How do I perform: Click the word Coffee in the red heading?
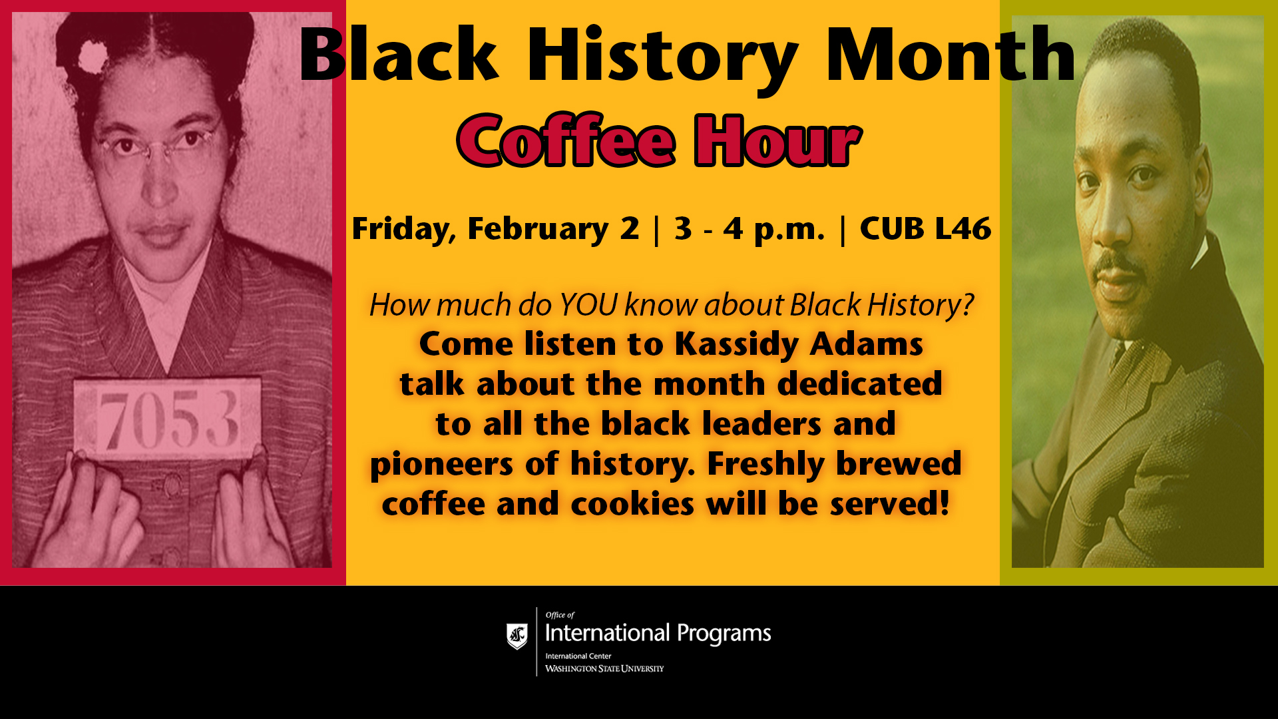(566, 140)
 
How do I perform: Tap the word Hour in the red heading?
(777, 140)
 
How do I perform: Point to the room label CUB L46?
(925, 228)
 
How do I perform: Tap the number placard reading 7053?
(167, 419)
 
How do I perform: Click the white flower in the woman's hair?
(93, 57)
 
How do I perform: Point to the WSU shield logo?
(517, 636)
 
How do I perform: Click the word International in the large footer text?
(607, 632)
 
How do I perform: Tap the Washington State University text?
(604, 668)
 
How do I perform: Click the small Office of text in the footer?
(560, 615)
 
